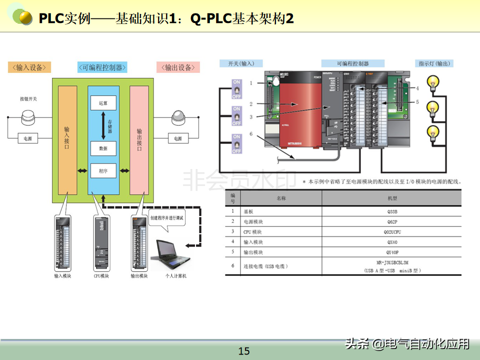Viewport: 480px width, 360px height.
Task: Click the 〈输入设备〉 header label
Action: [x=29, y=67]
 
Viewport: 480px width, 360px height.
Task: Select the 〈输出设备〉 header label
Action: [x=178, y=67]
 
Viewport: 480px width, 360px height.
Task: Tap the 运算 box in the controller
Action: [x=103, y=102]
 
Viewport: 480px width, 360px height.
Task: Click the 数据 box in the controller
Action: [x=103, y=148]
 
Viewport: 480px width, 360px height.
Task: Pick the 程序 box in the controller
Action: [x=103, y=171]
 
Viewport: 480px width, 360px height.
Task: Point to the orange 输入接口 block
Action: [x=67, y=140]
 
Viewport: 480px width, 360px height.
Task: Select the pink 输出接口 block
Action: [x=139, y=140]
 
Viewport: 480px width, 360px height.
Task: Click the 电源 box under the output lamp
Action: [x=177, y=138]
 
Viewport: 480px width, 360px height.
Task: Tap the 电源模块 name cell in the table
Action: [x=252, y=221]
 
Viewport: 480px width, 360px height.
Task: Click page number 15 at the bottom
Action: [x=244, y=351]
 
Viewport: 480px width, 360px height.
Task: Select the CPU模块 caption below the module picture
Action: [x=101, y=276]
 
